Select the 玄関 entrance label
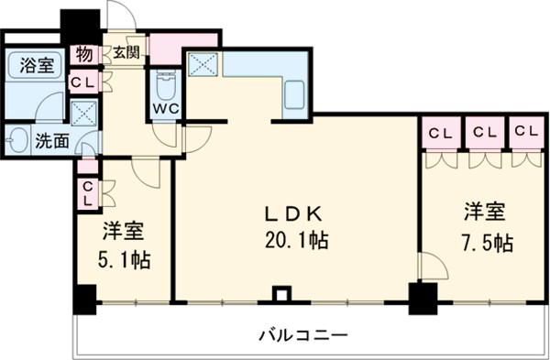(126, 52)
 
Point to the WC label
(166, 108)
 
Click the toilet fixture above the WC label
(166, 85)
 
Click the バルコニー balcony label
(302, 335)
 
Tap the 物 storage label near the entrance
(84, 52)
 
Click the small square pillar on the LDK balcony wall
(282, 295)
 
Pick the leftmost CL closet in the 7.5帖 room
(441, 133)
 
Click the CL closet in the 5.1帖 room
(88, 193)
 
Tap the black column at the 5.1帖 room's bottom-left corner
(85, 299)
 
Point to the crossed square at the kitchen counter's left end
(202, 65)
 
